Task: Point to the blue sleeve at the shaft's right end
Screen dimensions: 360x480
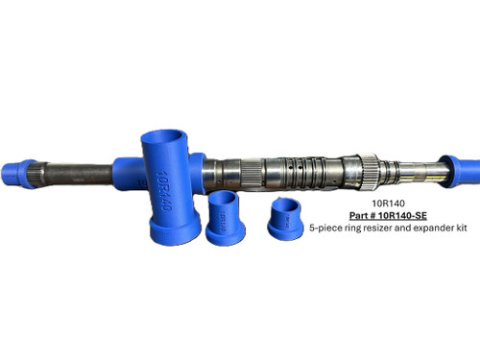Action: point(458,169)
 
